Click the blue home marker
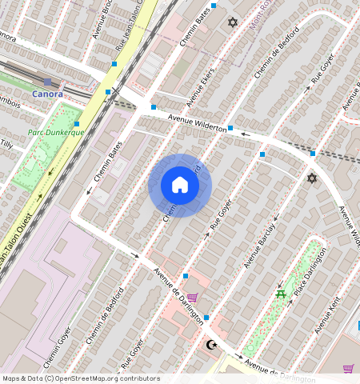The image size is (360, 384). click(x=180, y=186)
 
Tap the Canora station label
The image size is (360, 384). click(x=46, y=94)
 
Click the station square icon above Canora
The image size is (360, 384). click(x=48, y=82)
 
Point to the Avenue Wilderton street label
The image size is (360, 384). click(x=196, y=122)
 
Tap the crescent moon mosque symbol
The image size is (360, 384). click(x=211, y=345)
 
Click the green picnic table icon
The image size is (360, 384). click(x=281, y=295)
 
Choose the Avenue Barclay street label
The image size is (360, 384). click(x=260, y=244)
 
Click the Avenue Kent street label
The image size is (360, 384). click(x=327, y=315)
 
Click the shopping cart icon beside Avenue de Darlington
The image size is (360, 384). click(x=192, y=298)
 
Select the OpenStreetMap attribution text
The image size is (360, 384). click(x=80, y=378)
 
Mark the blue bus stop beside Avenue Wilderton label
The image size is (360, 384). click(x=230, y=128)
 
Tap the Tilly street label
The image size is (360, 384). click(x=6, y=144)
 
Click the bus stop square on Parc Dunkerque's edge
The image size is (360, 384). click(x=77, y=123)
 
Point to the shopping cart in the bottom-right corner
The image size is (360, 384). click(x=348, y=368)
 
